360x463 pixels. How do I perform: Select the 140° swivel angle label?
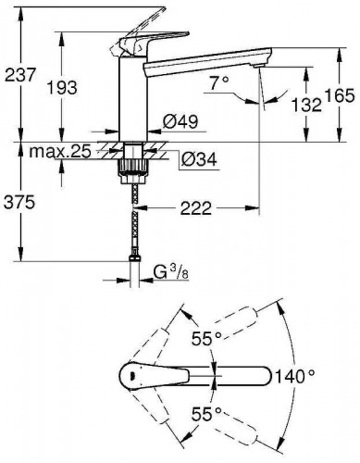pyautogui.click(x=293, y=375)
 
